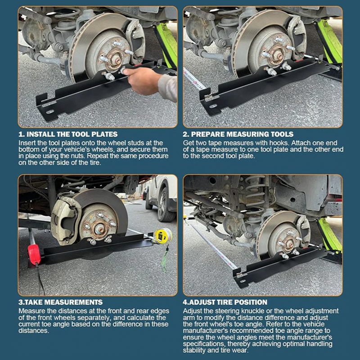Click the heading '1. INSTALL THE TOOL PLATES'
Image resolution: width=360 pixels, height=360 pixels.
click(x=68, y=134)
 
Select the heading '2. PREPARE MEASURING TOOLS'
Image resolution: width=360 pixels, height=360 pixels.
click(x=238, y=134)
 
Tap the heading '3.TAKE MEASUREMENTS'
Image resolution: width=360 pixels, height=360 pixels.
click(x=60, y=302)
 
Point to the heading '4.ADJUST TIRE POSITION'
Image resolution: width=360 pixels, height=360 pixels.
click(x=225, y=302)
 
